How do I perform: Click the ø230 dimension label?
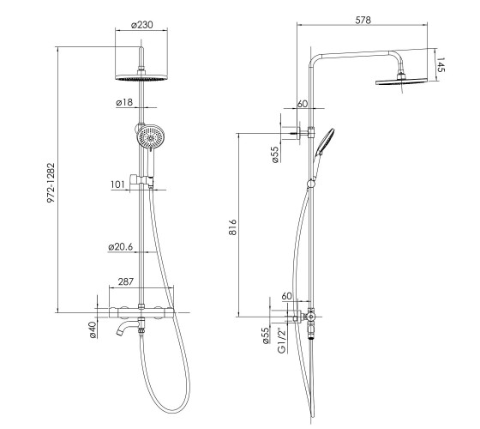(x=141, y=25)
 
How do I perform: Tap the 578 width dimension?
(x=363, y=20)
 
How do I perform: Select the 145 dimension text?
(x=440, y=64)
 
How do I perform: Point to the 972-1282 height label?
(x=51, y=183)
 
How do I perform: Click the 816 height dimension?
(x=232, y=227)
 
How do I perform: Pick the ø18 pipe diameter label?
(x=124, y=102)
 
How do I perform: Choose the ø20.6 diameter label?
(x=121, y=247)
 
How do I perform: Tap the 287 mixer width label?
(x=126, y=281)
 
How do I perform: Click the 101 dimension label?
(x=118, y=184)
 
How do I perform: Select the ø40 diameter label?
(x=93, y=329)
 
